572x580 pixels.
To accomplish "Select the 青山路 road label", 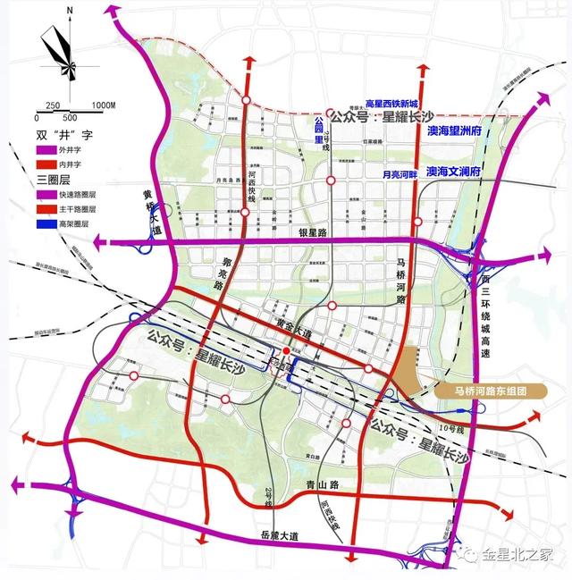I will [310, 488].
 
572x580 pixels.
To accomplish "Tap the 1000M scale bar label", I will [105, 105].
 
